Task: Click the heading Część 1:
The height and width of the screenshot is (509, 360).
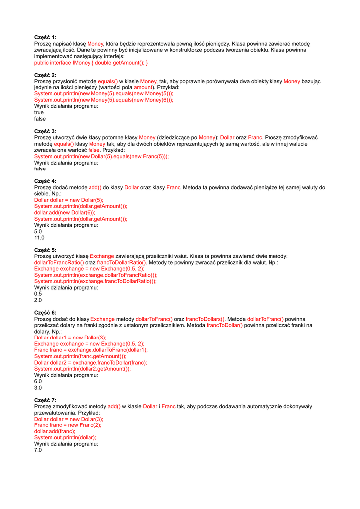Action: [x=45, y=37]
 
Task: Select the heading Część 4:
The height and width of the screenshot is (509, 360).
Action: [x=45, y=181]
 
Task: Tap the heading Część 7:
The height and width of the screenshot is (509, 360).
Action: [x=45, y=400]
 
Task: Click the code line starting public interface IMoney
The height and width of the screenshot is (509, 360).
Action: [x=91, y=63]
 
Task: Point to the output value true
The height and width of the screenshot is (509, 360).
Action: [x=39, y=112]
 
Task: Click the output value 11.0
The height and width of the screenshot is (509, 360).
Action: [x=39, y=238]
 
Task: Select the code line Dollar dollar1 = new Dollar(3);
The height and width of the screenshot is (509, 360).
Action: [x=70, y=338]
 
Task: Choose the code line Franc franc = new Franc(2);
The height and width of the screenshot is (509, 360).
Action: [x=68, y=425]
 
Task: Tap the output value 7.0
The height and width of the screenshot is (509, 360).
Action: [x=38, y=450]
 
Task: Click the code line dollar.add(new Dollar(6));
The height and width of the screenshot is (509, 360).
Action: [x=65, y=212]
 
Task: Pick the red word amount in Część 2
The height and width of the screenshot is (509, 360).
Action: [x=144, y=87]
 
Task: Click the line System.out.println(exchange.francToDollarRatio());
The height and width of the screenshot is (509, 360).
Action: [x=95, y=281]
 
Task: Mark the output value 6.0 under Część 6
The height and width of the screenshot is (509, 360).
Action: [x=38, y=381]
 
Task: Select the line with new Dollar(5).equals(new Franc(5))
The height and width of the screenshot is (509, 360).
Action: [x=101, y=156]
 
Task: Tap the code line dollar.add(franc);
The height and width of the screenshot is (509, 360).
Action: [x=54, y=431]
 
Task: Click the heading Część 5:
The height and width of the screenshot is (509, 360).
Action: [x=45, y=250]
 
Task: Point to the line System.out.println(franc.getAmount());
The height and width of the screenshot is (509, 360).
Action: [x=80, y=356]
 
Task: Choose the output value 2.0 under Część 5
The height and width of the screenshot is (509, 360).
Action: [x=38, y=300]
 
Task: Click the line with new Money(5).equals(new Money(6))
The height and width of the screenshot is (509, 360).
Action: [x=103, y=100]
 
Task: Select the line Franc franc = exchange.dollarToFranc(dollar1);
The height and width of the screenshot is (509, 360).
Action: [x=90, y=350]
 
